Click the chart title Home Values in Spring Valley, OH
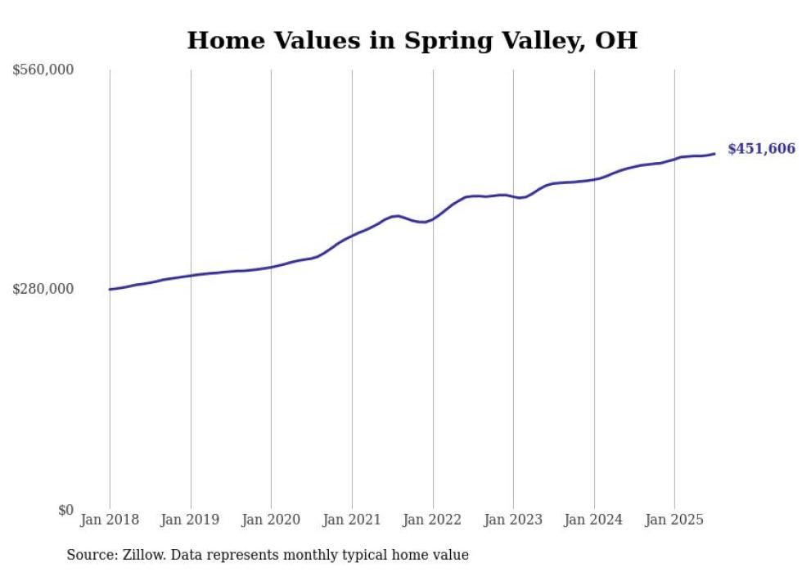412,40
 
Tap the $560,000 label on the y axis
43,70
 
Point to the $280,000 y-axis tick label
43,289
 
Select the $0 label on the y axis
65,510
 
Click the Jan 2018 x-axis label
110,520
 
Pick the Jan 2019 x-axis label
191,520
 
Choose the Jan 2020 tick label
271,520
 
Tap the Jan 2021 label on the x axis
352,520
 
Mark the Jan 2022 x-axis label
433,520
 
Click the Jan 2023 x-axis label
513,520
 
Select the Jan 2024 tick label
594,520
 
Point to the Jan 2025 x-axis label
674,520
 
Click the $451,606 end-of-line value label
761,149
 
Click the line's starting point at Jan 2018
110,289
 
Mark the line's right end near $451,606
715,154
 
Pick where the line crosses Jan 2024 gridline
594,178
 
